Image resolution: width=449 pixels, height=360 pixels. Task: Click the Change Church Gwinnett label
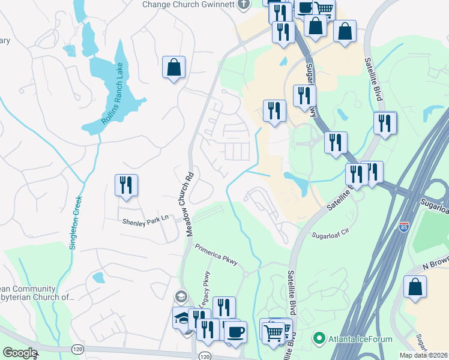tap(188, 5)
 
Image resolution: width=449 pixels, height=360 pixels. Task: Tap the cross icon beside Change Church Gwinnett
tap(243, 5)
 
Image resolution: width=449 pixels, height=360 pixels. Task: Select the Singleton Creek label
tap(76, 223)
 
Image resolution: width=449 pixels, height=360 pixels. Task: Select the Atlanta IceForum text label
tap(360, 339)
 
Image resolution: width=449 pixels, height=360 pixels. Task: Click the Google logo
tap(20, 353)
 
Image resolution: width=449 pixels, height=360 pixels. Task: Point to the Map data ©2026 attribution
tap(424, 355)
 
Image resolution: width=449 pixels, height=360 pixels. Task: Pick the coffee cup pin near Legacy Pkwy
tap(235, 331)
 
